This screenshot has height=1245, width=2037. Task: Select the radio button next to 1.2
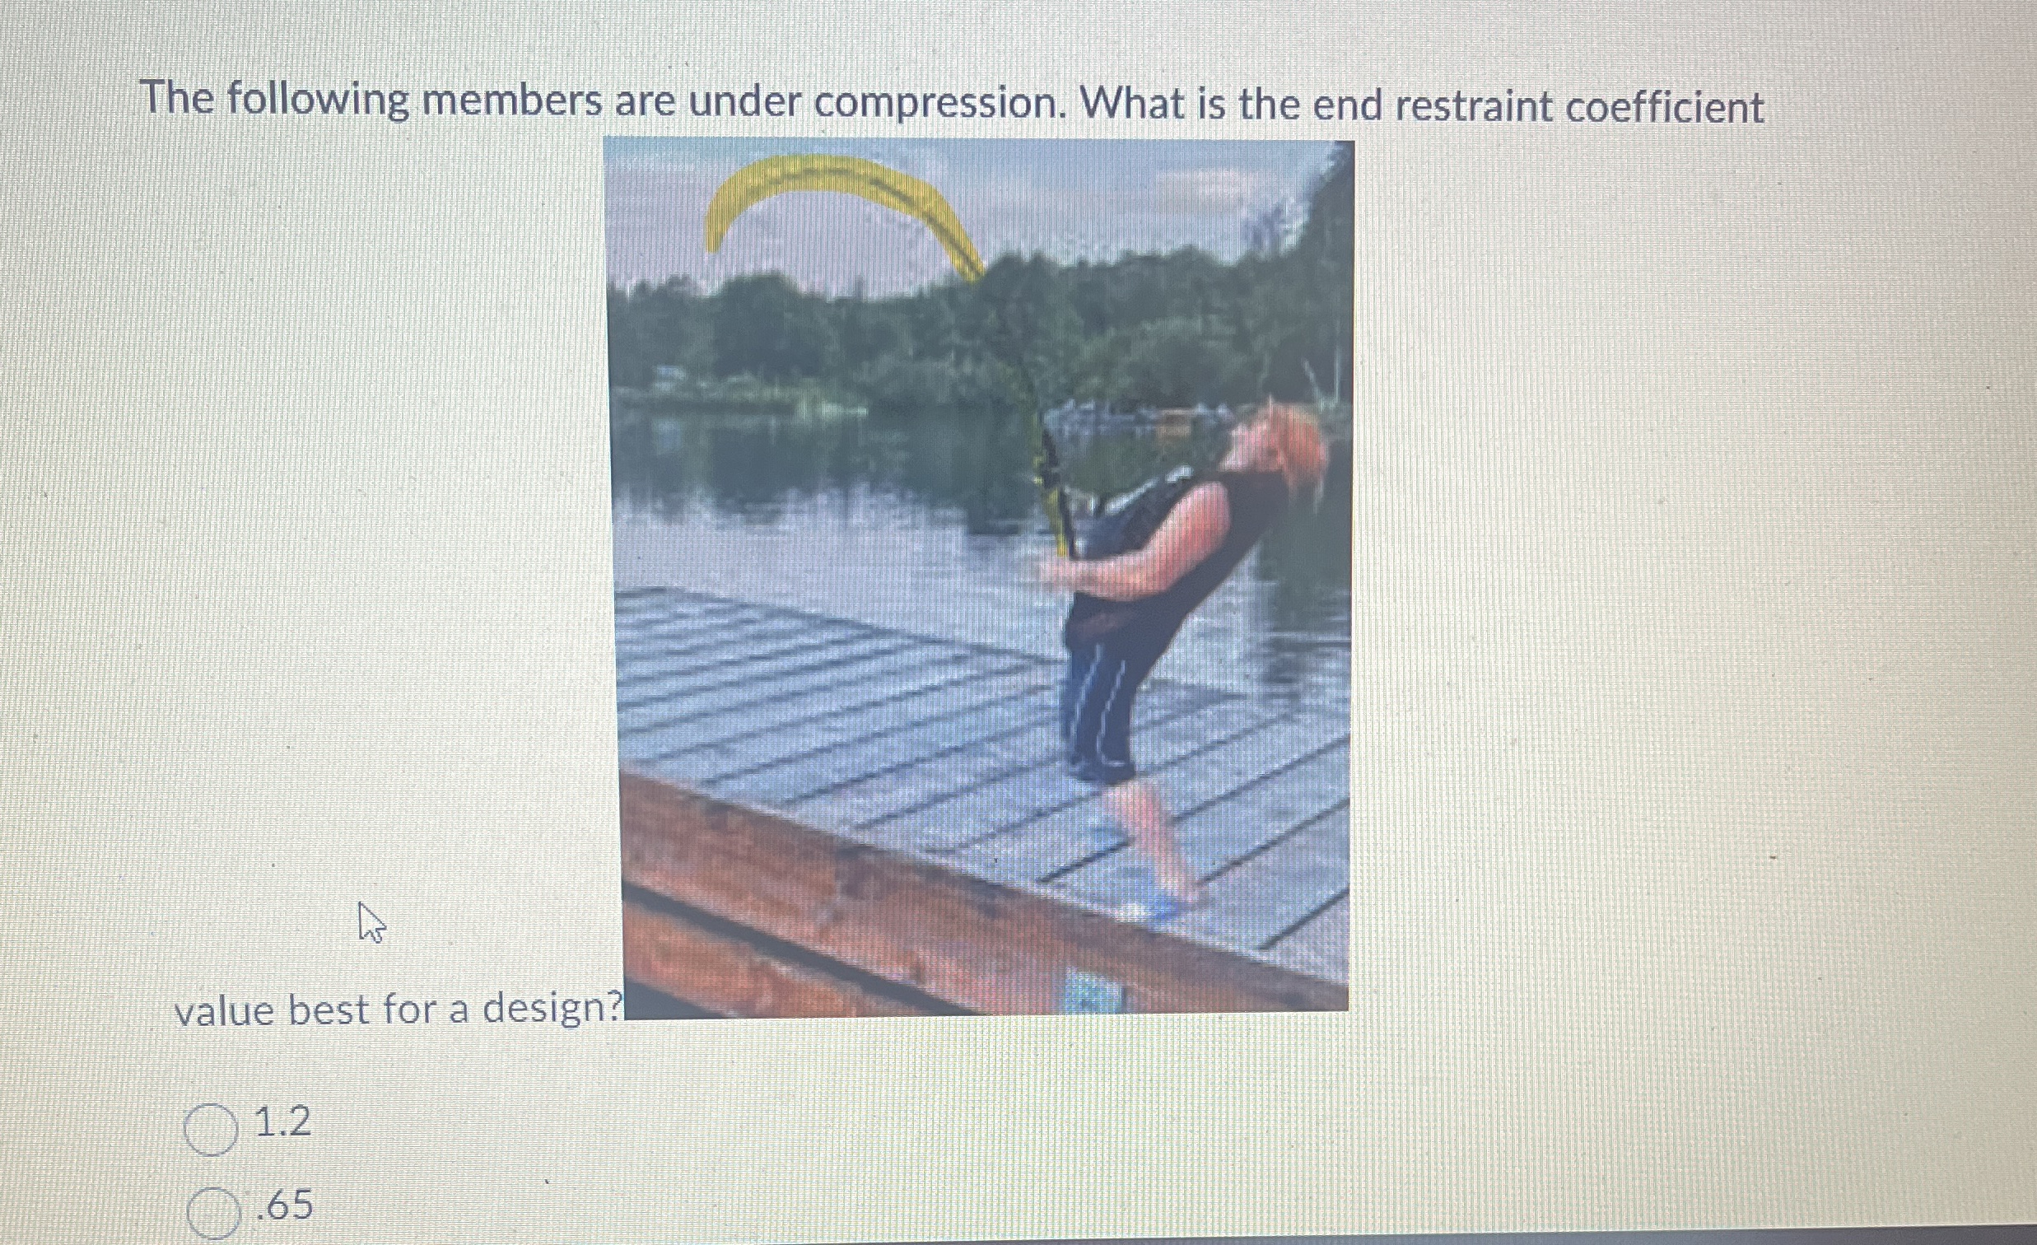[211, 1129]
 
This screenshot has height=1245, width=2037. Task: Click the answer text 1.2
[282, 1122]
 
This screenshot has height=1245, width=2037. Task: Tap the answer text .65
[284, 1205]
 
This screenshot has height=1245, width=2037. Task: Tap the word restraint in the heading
[1467, 107]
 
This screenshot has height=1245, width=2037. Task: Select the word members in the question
[512, 100]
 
